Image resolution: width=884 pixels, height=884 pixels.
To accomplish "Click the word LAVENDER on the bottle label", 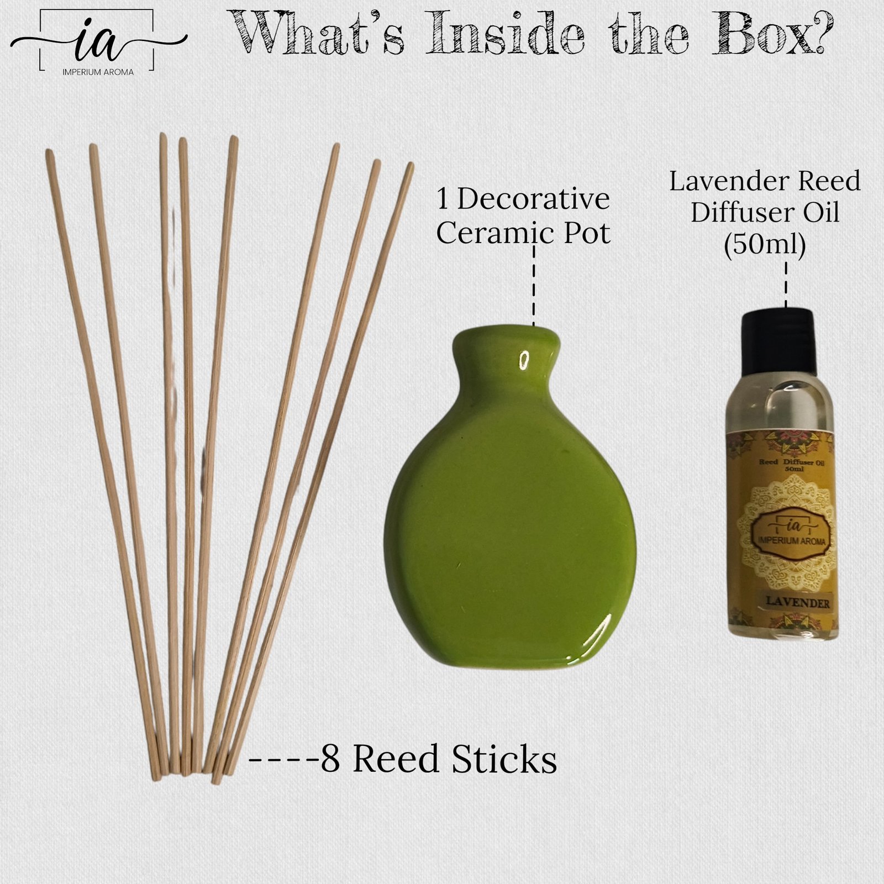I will [x=795, y=603].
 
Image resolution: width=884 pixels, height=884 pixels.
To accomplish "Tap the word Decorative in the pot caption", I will [x=533, y=199].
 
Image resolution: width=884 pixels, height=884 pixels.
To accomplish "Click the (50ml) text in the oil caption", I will [x=765, y=244].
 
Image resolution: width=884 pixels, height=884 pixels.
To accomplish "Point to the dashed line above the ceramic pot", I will [x=534, y=287].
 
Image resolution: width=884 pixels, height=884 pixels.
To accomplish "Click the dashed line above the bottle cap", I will [x=786, y=285].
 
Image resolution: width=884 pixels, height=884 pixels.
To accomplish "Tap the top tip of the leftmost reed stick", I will [x=49, y=152].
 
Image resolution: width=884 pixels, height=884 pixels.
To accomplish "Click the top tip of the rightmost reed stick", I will [x=411, y=166].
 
